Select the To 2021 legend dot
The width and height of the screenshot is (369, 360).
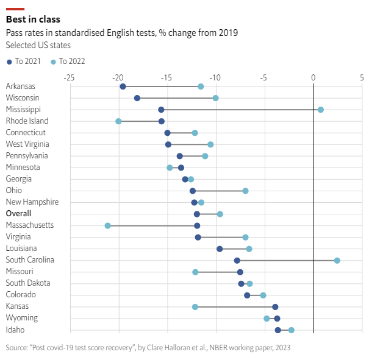tap(9, 61)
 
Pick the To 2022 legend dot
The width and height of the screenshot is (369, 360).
tap(53, 61)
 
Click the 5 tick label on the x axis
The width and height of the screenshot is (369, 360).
tap(362, 77)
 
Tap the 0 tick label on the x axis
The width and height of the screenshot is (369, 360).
tap(313, 77)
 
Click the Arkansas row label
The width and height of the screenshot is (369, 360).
tap(20, 86)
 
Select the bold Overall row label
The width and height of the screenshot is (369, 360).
tap(18, 214)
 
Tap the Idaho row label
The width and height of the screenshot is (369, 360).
tap(15, 330)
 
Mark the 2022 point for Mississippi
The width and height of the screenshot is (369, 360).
tap(321, 110)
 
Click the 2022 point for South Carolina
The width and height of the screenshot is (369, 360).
tap(337, 260)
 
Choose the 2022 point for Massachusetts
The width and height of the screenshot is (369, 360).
tap(108, 225)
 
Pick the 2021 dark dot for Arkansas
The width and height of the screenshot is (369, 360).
tap(123, 86)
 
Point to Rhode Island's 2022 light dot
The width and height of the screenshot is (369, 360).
tap(118, 121)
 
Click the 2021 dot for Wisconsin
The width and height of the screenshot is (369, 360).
tap(137, 98)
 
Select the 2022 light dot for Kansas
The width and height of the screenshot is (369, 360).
tap(195, 306)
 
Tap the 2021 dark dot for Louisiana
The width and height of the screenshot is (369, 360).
tap(220, 249)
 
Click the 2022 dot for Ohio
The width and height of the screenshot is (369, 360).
tap(245, 191)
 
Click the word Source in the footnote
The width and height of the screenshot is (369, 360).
tap(16, 348)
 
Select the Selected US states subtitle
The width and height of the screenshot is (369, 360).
tap(38, 45)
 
